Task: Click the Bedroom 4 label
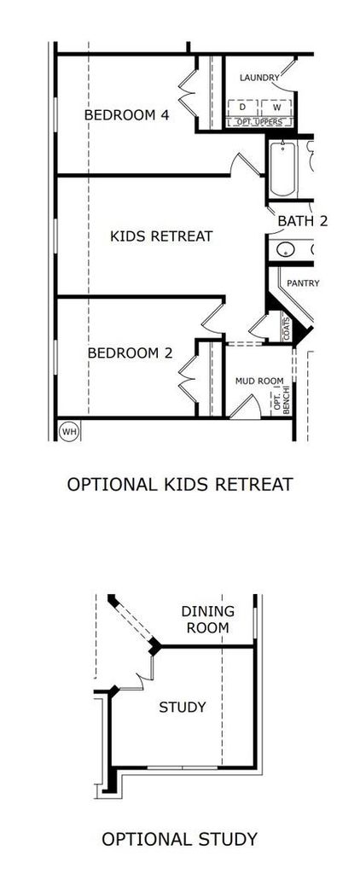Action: coord(126,115)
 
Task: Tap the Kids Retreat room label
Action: coord(161,236)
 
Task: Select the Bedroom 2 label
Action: coord(130,353)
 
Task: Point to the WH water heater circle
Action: coord(69,431)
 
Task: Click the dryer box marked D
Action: coord(243,107)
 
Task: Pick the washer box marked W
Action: coord(277,107)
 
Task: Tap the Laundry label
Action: coord(259,78)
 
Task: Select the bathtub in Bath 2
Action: coord(282,168)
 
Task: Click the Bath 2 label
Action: coord(303,221)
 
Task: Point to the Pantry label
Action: coord(303,283)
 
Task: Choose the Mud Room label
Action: coord(259,382)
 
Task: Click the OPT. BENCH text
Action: coord(282,399)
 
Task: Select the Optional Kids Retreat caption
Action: coord(179,485)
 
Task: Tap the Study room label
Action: coord(183,708)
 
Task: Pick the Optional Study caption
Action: coord(179,839)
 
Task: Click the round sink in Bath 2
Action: coord(285,249)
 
